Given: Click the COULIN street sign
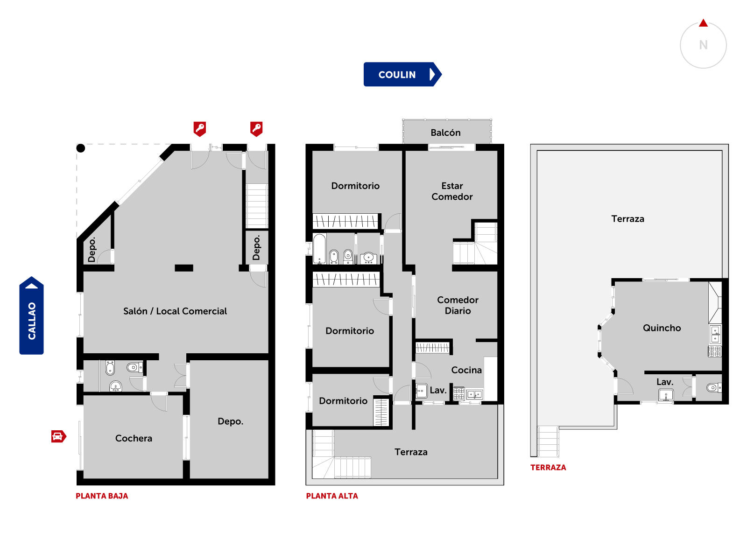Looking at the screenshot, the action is [402, 74].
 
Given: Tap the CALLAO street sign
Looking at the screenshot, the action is [31, 315].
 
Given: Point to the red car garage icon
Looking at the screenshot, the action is [58, 436].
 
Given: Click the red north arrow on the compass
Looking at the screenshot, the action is [703, 23].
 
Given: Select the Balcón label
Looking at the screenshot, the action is [445, 133].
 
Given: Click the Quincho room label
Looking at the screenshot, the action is [662, 328].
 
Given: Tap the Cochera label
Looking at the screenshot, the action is [134, 438].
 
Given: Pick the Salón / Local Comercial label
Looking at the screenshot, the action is [175, 311].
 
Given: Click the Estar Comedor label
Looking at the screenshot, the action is [452, 191].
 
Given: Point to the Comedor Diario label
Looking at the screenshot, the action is [458, 305].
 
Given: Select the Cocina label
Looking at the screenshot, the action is [466, 370].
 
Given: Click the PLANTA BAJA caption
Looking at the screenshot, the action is [102, 496].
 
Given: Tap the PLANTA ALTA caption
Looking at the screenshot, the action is [332, 496].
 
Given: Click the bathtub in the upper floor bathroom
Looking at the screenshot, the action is [319, 249].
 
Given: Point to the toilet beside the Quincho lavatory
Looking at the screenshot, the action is [714, 387].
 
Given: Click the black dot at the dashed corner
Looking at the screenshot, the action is [81, 148].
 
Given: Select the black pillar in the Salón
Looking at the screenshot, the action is [184, 268].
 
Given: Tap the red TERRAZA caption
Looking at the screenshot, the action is [548, 467].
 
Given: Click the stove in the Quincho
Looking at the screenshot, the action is [715, 351].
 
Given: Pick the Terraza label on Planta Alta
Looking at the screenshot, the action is [411, 452].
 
